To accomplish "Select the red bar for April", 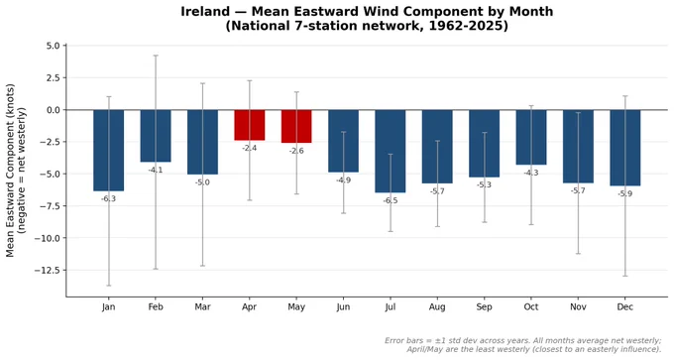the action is (x=250, y=125).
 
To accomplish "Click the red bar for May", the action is (x=296, y=127).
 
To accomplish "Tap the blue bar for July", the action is (x=391, y=152).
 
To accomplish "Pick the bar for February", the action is (x=156, y=136).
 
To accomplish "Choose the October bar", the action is (x=531, y=137).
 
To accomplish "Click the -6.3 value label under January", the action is (x=108, y=198).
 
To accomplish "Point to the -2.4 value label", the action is (x=250, y=148).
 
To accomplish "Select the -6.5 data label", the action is (x=391, y=200).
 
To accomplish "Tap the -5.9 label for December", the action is (x=625, y=193).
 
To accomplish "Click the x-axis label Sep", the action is (x=484, y=307).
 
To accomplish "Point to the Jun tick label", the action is (x=343, y=307).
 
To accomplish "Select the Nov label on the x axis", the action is (x=578, y=307).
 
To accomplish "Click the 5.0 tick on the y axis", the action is (x=54, y=46).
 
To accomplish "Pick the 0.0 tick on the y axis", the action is (x=54, y=110).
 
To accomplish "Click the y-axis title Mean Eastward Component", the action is (x=10, y=171).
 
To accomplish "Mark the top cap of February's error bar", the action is (x=156, y=56).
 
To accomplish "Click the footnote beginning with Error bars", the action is (x=523, y=344).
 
